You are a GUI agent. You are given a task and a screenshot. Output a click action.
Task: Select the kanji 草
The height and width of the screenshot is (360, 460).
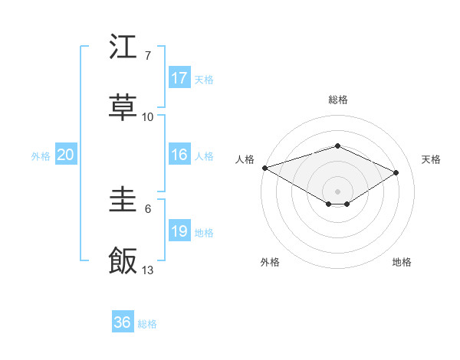pos(123,108)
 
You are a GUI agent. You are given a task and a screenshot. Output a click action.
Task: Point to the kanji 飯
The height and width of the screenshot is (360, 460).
pos(123,261)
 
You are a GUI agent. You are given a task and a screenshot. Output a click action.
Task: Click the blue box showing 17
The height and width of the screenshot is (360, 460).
pos(179,78)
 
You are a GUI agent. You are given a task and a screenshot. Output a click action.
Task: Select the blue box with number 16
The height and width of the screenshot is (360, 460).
pos(179,155)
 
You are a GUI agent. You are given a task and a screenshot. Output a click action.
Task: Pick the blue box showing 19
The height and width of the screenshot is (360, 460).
pos(179,231)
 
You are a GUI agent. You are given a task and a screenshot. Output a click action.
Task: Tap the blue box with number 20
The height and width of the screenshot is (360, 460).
pos(66,155)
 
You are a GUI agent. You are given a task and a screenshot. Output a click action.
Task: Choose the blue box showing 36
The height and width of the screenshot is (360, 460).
pos(123,322)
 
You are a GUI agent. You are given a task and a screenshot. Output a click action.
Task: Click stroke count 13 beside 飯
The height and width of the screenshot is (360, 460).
pos(148,270)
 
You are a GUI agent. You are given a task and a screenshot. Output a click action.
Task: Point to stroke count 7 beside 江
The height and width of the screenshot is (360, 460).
pos(148,56)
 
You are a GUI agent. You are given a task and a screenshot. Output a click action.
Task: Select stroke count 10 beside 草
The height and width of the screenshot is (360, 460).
pos(148,117)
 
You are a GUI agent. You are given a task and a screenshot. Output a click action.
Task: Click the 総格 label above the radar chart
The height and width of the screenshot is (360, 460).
pos(337,100)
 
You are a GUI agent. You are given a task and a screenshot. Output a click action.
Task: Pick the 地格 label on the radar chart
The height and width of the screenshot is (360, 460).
pos(402,262)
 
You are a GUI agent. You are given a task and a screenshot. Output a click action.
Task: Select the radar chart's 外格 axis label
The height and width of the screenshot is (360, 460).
pos(270,262)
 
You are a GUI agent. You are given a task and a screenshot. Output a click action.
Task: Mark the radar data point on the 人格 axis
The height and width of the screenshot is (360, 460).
pos(264,167)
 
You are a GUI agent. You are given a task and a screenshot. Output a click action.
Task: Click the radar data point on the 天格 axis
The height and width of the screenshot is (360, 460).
pos(396,172)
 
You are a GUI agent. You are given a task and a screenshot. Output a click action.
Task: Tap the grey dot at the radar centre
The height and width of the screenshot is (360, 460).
pos(337,191)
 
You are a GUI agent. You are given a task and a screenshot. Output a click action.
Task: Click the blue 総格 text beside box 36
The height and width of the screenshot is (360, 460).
pos(147,324)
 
